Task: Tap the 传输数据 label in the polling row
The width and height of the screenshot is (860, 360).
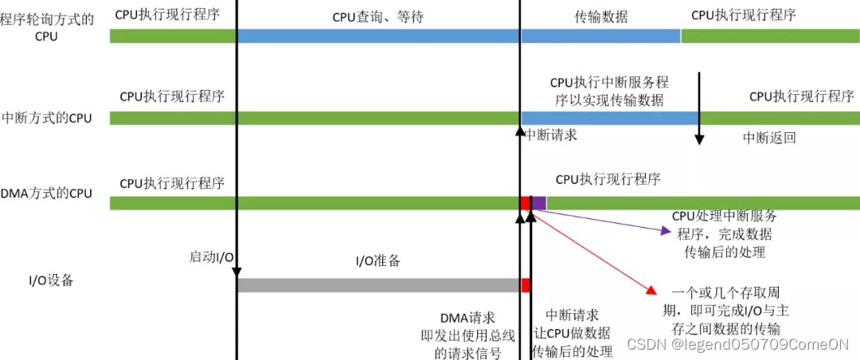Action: (600, 16)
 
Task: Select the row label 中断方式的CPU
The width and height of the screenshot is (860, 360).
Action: (47, 119)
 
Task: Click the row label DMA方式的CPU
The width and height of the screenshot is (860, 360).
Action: (47, 193)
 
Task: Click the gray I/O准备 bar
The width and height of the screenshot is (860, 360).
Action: (378, 285)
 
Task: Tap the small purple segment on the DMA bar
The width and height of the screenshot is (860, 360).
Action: (538, 203)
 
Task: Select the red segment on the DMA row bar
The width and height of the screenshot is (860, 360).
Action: (525, 203)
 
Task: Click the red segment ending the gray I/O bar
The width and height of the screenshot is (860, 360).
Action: (526, 285)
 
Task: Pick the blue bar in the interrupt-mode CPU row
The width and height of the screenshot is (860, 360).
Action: (609, 118)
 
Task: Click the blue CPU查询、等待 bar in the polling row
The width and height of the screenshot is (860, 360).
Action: (378, 36)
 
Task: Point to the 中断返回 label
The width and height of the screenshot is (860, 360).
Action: (769, 137)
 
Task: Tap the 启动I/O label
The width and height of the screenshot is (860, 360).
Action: (211, 256)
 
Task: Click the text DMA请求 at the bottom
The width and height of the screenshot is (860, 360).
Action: (461, 318)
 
